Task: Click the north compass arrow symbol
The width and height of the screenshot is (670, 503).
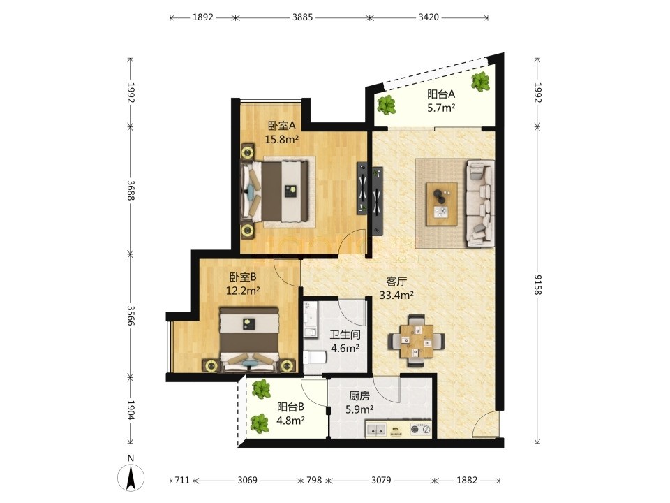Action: pyautogui.click(x=131, y=476)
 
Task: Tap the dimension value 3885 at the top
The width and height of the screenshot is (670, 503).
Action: pyautogui.click(x=302, y=17)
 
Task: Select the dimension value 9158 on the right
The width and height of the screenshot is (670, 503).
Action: pyautogui.click(x=538, y=285)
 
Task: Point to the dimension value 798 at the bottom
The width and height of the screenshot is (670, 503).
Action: pyautogui.click(x=314, y=480)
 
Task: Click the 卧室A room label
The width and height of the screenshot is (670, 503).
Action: pyautogui.click(x=282, y=126)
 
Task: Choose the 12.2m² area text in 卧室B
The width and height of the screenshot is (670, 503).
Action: pyautogui.click(x=243, y=291)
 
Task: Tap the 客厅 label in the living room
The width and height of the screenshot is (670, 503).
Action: pyautogui.click(x=396, y=282)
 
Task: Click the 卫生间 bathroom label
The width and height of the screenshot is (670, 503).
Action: pyautogui.click(x=345, y=335)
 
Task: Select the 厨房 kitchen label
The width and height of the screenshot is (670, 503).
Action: pyautogui.click(x=359, y=396)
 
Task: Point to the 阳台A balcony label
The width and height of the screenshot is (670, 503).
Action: pyautogui.click(x=441, y=94)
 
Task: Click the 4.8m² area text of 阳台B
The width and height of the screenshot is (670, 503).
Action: pyautogui.click(x=290, y=421)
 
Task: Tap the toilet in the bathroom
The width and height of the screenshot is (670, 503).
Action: pyautogui.click(x=315, y=358)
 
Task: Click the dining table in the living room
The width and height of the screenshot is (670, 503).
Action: pyautogui.click(x=416, y=341)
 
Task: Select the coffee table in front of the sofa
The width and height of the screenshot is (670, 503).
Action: pyautogui.click(x=441, y=204)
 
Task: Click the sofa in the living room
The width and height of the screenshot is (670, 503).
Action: pyautogui.click(x=481, y=203)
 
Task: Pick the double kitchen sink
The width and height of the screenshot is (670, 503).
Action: pyautogui.click(x=376, y=428)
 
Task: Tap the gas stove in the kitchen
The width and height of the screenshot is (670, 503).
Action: pyautogui.click(x=421, y=428)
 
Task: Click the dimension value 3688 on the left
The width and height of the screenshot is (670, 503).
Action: pyautogui.click(x=131, y=190)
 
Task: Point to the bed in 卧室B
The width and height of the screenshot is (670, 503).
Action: pyautogui.click(x=248, y=340)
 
